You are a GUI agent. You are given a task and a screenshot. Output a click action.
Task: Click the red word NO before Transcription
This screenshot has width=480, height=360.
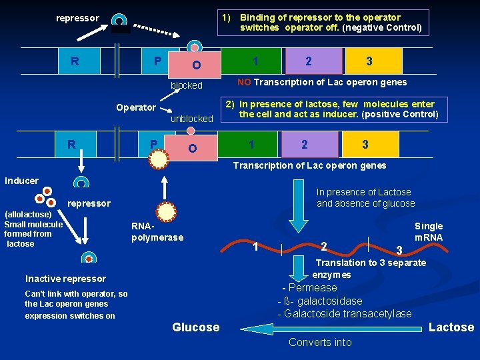pos(244,83)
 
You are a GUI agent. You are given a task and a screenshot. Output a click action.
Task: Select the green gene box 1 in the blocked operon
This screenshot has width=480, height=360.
pos(255,61)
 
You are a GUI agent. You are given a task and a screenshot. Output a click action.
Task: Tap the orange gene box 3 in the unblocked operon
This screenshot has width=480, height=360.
pos(365,145)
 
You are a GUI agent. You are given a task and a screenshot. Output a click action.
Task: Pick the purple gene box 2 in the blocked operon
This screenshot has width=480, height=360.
pos(308,61)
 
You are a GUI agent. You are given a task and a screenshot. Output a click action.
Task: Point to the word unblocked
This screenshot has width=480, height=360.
pos(192,119)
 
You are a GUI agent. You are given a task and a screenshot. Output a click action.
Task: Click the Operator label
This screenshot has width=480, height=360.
pos(136,107)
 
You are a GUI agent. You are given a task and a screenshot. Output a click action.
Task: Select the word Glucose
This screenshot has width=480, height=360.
pos(195,327)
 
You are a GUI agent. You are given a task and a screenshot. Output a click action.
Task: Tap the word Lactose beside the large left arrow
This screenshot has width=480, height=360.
pos(451,327)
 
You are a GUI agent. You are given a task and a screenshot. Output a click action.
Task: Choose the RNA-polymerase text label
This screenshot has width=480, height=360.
pos(157,233)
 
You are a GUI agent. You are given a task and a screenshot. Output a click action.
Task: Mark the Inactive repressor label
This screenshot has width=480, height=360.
pos(65,279)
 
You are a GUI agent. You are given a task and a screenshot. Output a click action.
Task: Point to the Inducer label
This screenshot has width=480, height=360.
pos(22,181)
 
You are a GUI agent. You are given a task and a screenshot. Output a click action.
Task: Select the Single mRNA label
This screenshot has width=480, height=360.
pos(428,232)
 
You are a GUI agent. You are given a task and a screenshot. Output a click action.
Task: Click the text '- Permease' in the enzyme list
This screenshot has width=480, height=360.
pos(310,288)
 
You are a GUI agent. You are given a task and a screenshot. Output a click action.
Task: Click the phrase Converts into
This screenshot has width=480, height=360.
pos(320,343)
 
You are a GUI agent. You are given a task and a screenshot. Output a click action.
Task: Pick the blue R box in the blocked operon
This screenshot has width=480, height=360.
pos(75,61)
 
